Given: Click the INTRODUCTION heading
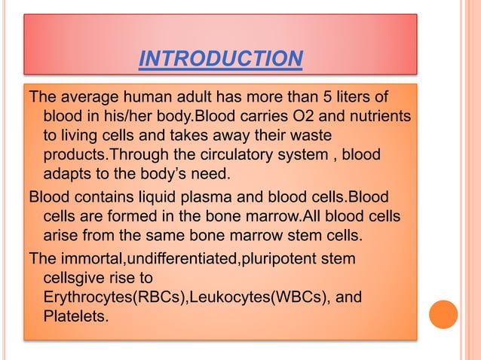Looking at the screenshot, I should pos(221,58).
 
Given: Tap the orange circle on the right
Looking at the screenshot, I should pos(443,314).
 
